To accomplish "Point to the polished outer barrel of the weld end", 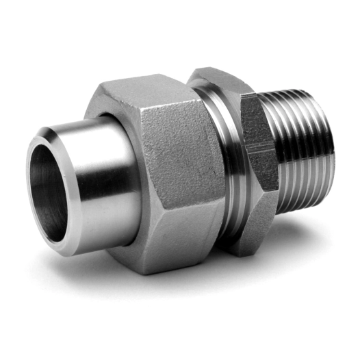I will click(103, 171).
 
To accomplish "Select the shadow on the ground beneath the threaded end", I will click(301, 226).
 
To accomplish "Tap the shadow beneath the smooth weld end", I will click(75, 263).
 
